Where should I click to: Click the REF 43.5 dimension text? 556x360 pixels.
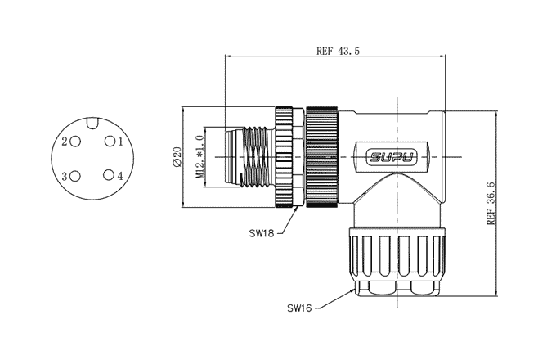coord(338,51)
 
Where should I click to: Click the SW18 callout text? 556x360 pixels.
coord(263,232)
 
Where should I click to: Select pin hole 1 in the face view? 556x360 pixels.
coord(107,142)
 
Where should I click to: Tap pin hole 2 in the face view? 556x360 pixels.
coord(76,142)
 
